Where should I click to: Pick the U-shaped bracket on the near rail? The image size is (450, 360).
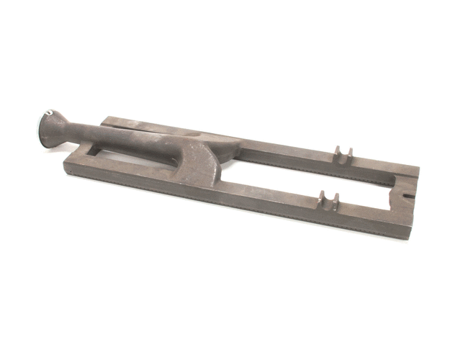point(329,199)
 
